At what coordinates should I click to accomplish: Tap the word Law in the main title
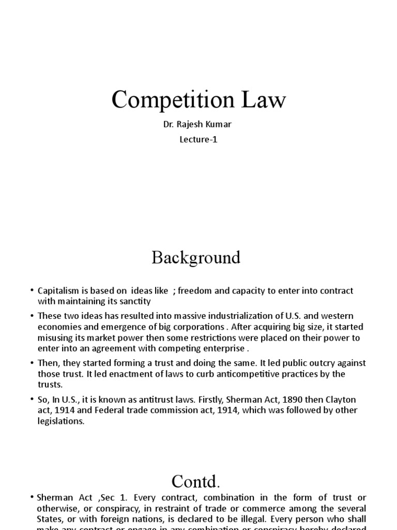[263, 100]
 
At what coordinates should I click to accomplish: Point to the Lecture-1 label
[198, 139]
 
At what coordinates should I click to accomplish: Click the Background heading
[196, 257]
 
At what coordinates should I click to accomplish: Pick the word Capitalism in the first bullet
[57, 291]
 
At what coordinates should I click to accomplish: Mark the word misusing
[56, 337]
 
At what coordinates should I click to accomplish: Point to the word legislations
[60, 421]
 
